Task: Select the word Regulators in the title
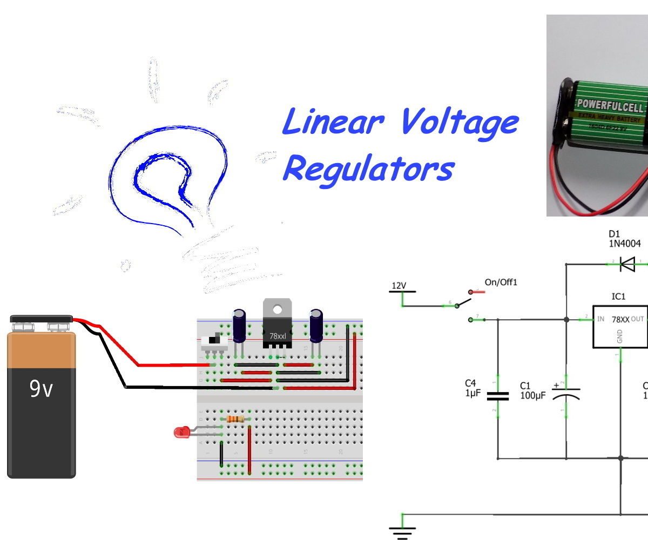click(x=367, y=169)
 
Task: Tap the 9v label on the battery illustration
click(x=41, y=389)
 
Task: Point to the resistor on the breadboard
click(x=235, y=419)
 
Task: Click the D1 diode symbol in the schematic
click(x=627, y=264)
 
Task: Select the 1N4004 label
click(x=624, y=244)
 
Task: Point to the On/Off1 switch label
click(x=501, y=282)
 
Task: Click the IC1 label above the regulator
click(x=618, y=296)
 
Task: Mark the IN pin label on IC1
click(x=600, y=319)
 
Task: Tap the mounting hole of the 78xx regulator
click(x=277, y=309)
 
